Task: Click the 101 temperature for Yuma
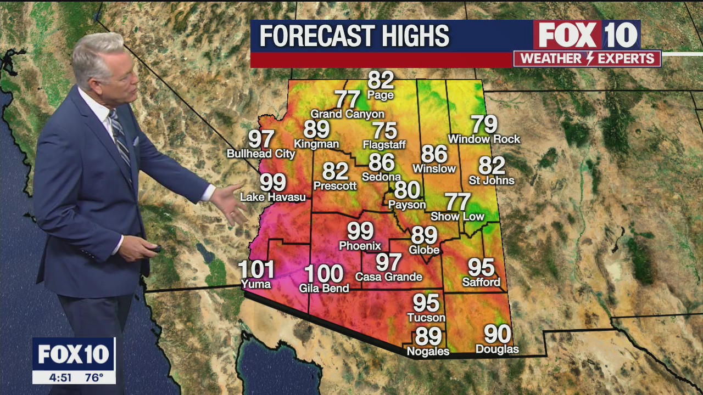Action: pos(256,269)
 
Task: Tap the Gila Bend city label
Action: pos(324,288)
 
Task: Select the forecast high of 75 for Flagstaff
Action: pos(384,131)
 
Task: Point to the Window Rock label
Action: pos(484,139)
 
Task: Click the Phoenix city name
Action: pos(360,246)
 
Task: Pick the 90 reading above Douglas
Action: pos(497,334)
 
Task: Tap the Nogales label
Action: pos(428,351)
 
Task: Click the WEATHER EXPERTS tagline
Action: pos(587,59)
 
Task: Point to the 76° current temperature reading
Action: pos(94,377)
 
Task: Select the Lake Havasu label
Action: pos(273,197)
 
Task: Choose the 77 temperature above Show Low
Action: pos(457,202)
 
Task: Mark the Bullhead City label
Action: pos(261,154)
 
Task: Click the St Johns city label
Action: pos(492,180)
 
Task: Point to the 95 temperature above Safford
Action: pos(481,267)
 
